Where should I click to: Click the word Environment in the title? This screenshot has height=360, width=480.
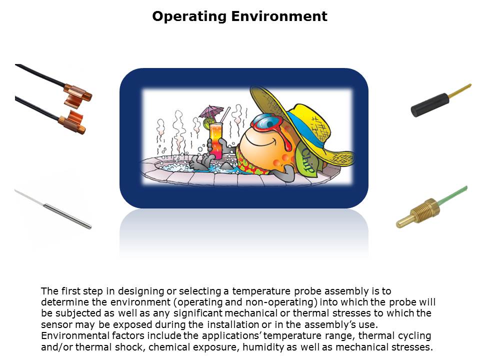click(279, 16)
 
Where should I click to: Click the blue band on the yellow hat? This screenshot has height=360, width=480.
click(309, 128)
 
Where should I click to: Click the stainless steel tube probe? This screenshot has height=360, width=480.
click(67, 216)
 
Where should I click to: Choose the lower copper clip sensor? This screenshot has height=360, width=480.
click(71, 122)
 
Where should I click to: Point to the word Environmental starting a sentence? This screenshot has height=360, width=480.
click(75, 335)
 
